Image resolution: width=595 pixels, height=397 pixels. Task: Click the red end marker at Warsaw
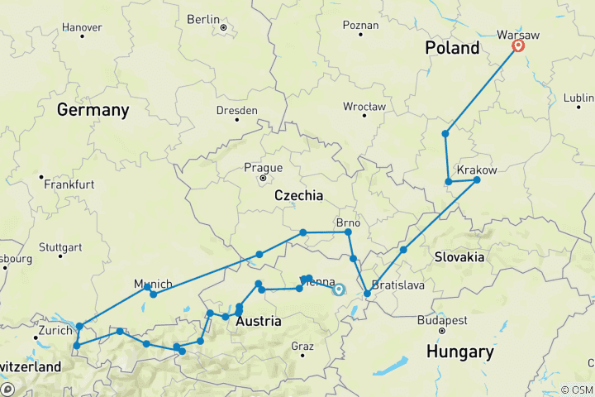(518, 46)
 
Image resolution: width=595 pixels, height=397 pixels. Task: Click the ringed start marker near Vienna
(338, 289)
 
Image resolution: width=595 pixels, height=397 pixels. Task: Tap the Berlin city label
(203, 18)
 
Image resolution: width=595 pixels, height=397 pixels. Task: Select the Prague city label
(263, 167)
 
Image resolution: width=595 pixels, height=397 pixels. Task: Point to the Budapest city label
(442, 319)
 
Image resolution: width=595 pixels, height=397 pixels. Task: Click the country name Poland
(452, 48)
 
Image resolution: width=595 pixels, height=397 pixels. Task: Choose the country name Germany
(93, 110)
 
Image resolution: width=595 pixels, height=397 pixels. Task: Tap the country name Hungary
(459, 352)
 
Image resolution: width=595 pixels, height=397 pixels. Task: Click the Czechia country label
(297, 195)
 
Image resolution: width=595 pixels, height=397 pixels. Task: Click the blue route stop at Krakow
(477, 179)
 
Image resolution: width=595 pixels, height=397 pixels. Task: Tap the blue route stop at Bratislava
(367, 294)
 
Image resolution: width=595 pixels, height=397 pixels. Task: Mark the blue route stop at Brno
(348, 232)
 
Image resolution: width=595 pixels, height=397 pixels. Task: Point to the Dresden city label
(237, 110)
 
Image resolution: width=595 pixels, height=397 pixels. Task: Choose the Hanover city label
(83, 27)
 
